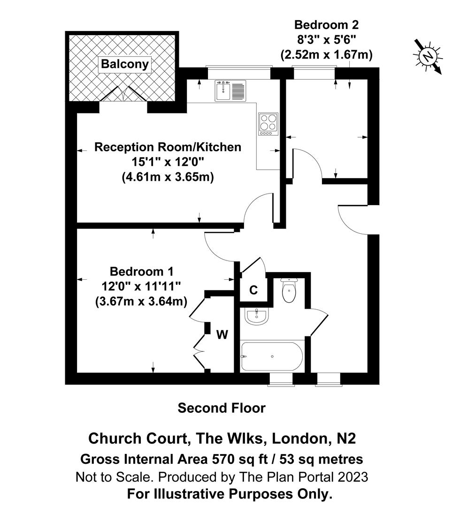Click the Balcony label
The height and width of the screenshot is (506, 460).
(x=125, y=64)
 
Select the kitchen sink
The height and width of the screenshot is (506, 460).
(x=230, y=90)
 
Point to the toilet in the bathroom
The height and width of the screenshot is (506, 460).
(x=289, y=290)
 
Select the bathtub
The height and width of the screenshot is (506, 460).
(x=272, y=357)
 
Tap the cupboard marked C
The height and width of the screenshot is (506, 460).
(x=253, y=290)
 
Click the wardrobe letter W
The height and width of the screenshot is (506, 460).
(x=222, y=335)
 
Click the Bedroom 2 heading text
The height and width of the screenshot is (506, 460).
(x=326, y=24)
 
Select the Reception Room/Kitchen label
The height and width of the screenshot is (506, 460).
(x=168, y=147)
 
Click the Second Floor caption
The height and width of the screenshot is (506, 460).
(x=222, y=408)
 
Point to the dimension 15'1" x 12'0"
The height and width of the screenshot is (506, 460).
(x=168, y=162)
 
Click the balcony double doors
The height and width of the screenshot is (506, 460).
(x=123, y=95)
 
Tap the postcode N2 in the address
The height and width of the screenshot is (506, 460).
(x=346, y=439)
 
